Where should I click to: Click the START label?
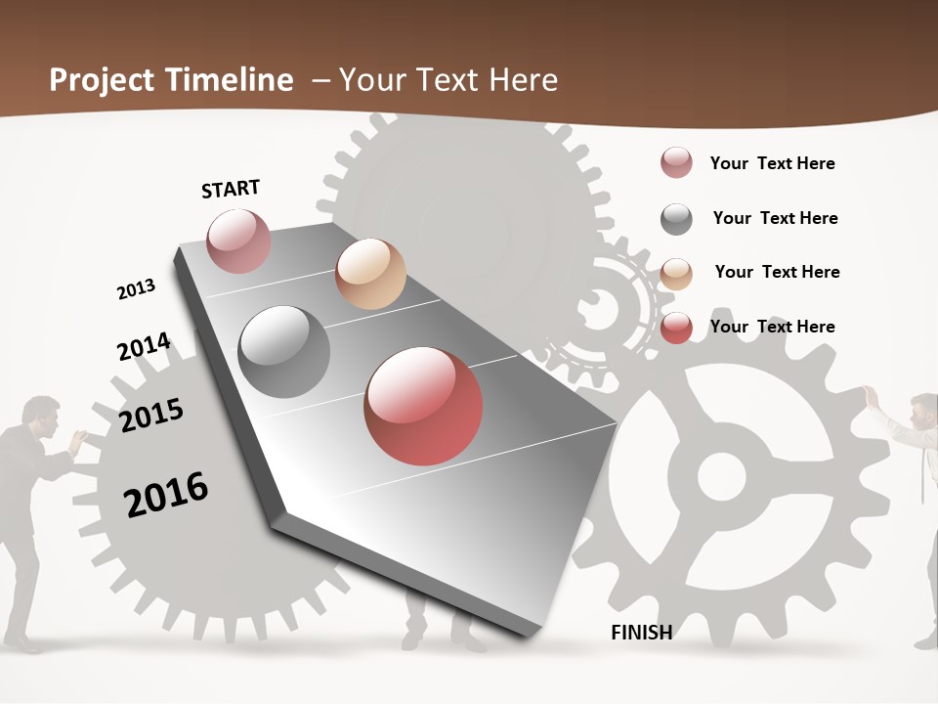[x=231, y=189]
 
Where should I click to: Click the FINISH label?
[x=642, y=633]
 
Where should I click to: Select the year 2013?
[x=136, y=289]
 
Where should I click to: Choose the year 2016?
[x=166, y=494]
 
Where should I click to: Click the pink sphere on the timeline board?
[x=238, y=241]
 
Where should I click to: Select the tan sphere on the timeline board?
[x=370, y=274]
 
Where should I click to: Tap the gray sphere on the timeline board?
[x=284, y=351]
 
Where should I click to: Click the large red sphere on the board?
[x=423, y=406]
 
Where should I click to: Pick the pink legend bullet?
[x=676, y=163]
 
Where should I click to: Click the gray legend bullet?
[x=676, y=219]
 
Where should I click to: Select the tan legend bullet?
[x=676, y=273]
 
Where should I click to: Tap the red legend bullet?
[x=676, y=328]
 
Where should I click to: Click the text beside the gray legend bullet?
[x=775, y=218]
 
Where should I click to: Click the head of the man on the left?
[x=40, y=415]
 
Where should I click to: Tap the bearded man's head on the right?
[x=922, y=412]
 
